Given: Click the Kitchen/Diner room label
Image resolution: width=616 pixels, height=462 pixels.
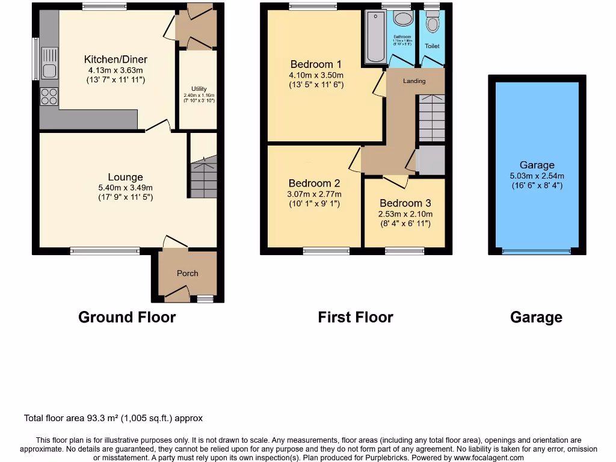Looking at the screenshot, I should tap(115, 60).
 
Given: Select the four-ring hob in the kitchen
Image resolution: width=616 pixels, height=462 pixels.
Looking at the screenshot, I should tap(49, 97).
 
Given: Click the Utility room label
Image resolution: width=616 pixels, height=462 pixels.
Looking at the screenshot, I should tap(199, 89).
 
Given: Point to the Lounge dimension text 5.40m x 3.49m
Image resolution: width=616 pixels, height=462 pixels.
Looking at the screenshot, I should tap(125, 187).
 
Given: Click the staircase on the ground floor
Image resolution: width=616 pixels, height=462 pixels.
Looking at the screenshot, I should tap(204, 177).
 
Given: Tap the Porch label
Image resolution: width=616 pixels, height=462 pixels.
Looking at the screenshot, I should tap(187, 273).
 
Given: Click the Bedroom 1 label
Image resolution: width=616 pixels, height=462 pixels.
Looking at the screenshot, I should tap(316, 64).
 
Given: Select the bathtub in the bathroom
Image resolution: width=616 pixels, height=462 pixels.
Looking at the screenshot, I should tap(375, 38).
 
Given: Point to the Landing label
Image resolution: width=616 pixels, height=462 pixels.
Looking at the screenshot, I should tap(414, 81).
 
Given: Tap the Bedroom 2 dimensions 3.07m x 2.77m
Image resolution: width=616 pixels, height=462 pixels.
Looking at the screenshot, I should tap(314, 194).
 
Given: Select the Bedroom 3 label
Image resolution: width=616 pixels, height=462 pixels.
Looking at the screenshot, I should tap(405, 203).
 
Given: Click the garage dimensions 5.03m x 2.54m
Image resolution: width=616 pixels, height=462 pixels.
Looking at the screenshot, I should tap(537, 176).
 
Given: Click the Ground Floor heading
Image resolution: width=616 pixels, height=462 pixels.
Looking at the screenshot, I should tap(127, 317).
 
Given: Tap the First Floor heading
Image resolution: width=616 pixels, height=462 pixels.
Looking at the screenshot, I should tap(356, 317).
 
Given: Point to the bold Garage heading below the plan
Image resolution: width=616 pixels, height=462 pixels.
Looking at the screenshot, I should tap(536, 317).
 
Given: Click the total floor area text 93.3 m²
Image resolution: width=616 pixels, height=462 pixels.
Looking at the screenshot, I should tap(113, 418).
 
